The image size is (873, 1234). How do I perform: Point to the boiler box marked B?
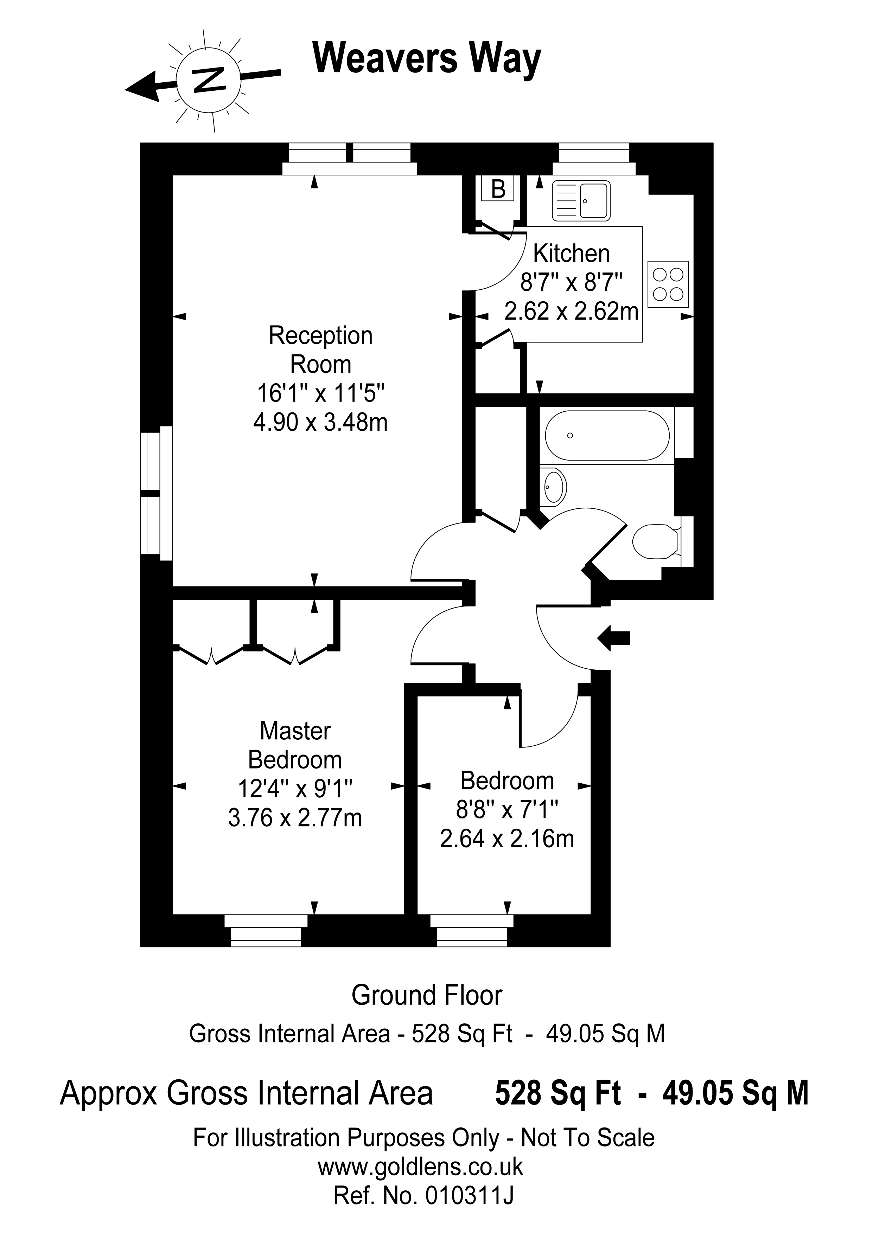coord(498,189)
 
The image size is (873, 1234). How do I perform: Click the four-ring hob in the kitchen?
coord(668,284)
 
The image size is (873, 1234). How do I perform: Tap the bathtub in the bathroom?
coord(607,435)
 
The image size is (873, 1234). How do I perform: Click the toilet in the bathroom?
coord(657,541)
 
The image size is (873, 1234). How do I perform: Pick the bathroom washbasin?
coord(555,487)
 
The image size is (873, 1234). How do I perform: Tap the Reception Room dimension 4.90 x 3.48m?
coord(320,423)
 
